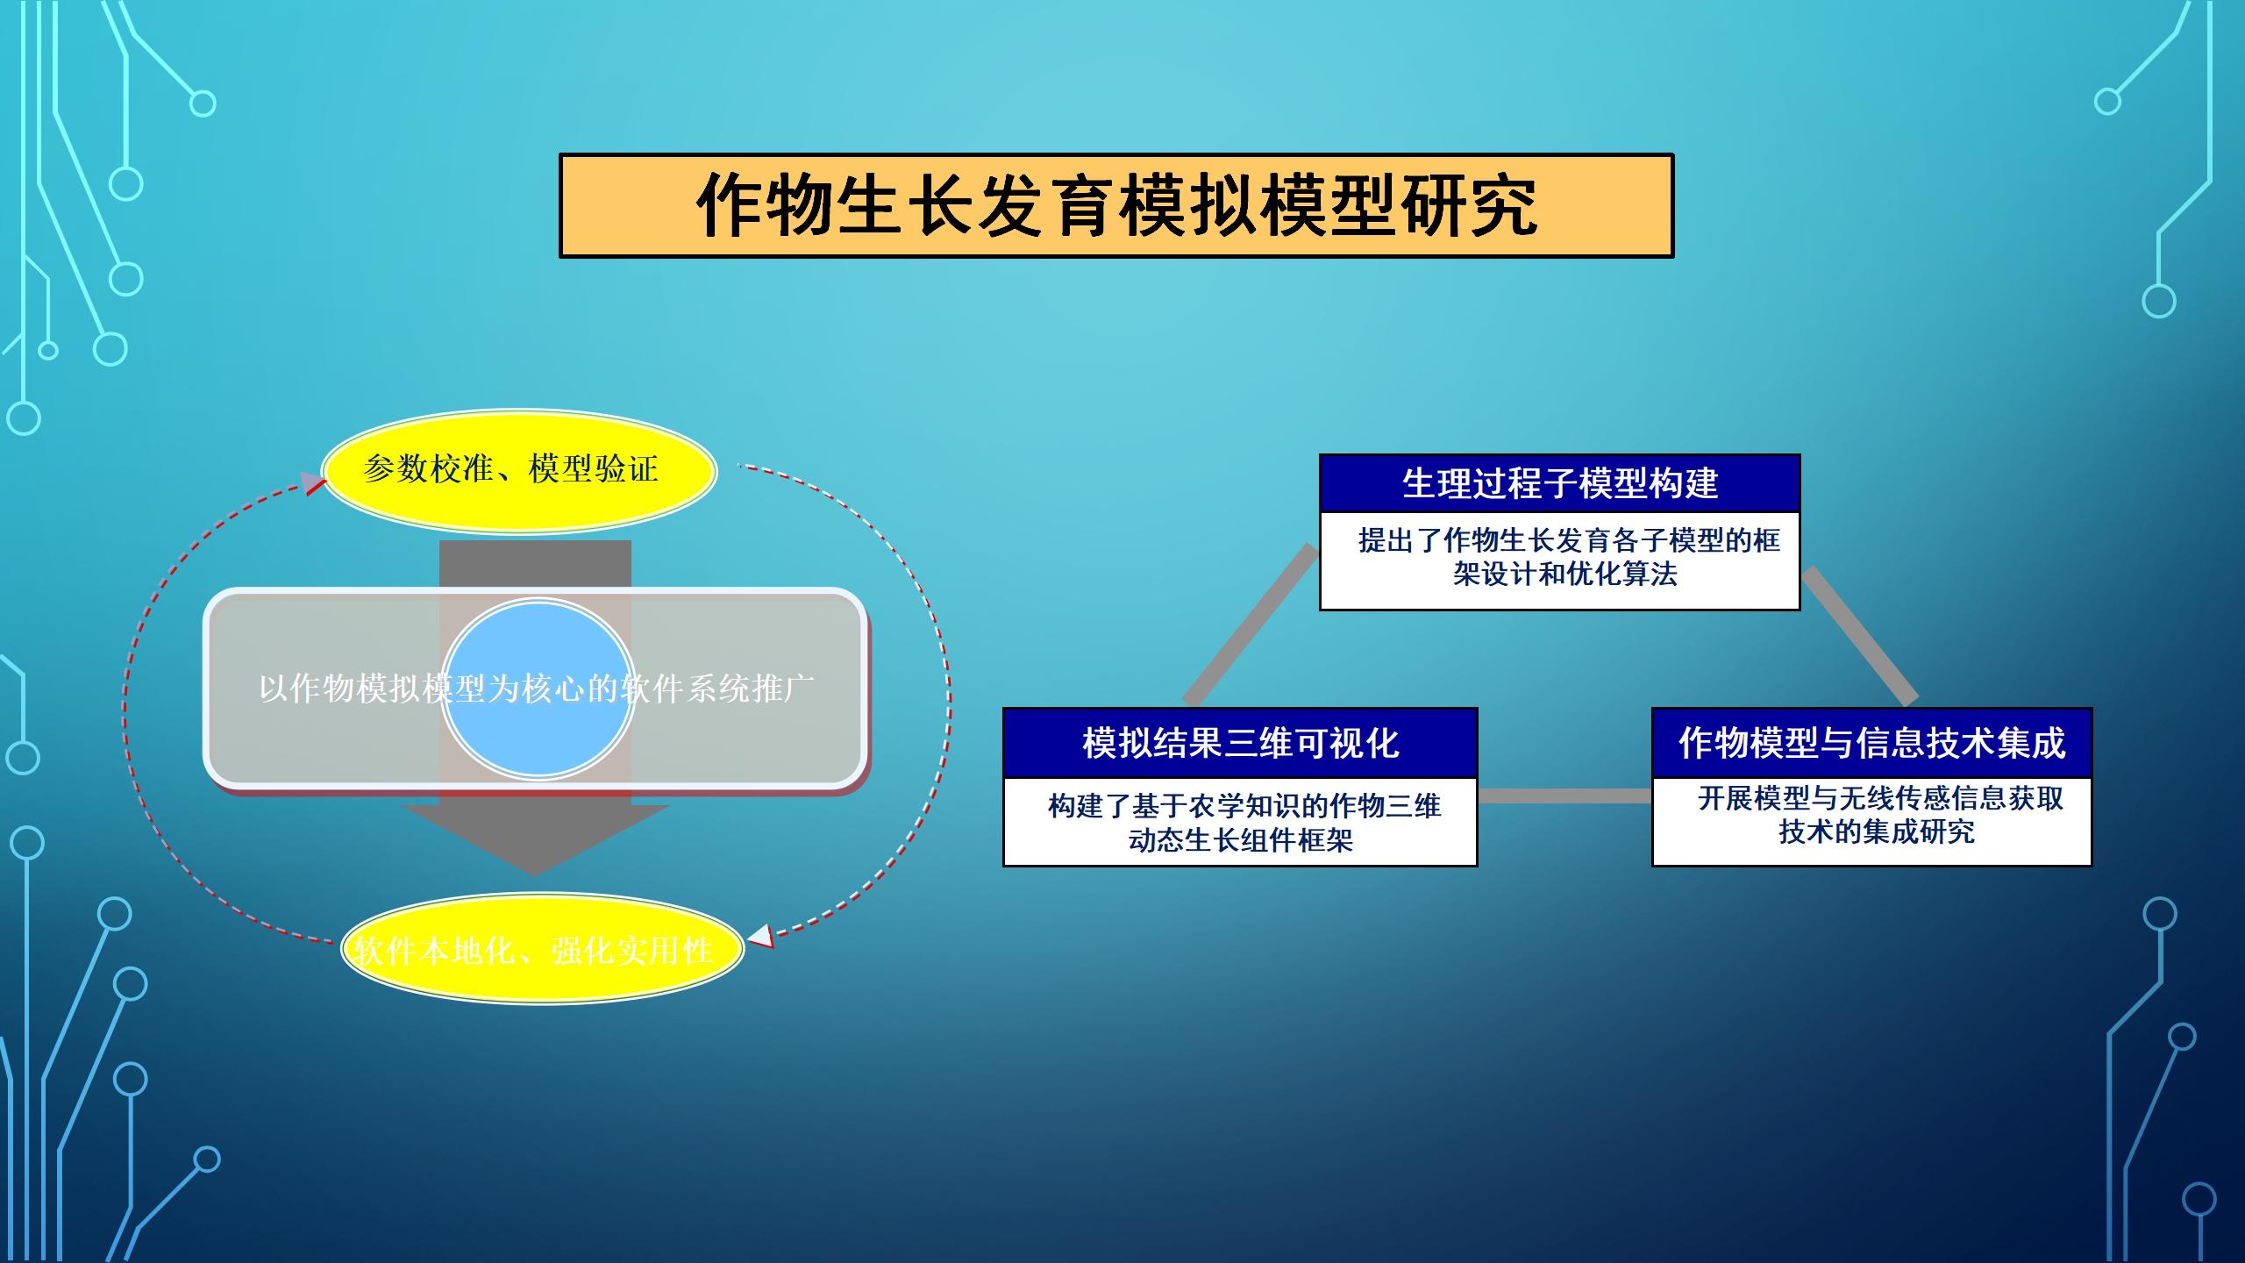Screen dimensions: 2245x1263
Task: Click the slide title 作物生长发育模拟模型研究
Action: [x=1116, y=206]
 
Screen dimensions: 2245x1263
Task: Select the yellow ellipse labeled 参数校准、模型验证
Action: [x=519, y=471]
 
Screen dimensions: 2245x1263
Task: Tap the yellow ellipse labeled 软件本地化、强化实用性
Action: [x=542, y=949]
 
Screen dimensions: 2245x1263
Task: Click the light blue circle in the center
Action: [x=538, y=689]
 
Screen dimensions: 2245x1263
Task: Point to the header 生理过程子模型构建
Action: [x=1560, y=483]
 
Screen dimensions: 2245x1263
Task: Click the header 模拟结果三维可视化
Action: [x=1240, y=743]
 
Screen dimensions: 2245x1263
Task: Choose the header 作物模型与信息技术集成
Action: [x=1872, y=743]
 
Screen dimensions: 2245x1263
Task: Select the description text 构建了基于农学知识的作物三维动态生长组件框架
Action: [x=1244, y=823]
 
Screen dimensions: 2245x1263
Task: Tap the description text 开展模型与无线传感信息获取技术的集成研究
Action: [x=1879, y=815]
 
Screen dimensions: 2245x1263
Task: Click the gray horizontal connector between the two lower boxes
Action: [x=1565, y=796]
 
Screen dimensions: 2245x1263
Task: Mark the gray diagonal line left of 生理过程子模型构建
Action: [x=1251, y=624]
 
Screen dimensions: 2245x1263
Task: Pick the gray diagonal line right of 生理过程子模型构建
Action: [x=1860, y=636]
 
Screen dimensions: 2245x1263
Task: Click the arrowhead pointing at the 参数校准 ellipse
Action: [x=313, y=483]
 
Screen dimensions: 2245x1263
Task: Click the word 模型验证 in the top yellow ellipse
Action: [x=594, y=469]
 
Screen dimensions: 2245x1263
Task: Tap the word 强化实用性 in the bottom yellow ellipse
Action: [x=631, y=950]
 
